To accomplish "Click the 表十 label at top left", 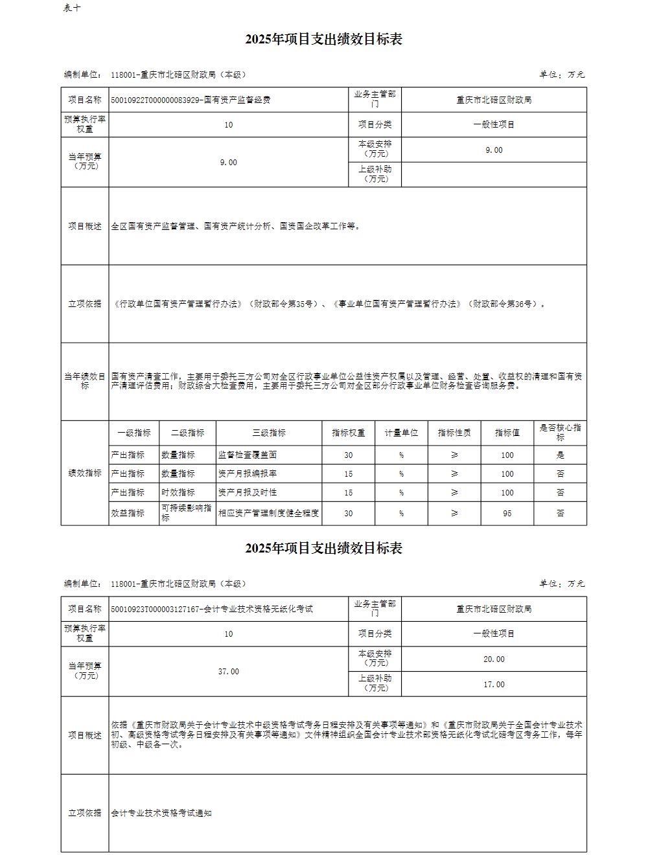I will [72, 8].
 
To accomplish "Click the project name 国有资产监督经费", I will [237, 100].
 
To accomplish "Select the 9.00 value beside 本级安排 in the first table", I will [494, 150].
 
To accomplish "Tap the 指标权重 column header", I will [349, 433].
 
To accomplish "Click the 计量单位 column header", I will [401, 433].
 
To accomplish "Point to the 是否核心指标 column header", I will [560, 433].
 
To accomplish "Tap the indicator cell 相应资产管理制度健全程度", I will [269, 513].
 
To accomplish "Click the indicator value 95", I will [507, 513].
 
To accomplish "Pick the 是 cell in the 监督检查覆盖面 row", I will [560, 455].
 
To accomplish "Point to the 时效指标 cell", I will [178, 493].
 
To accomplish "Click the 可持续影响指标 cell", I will [187, 513].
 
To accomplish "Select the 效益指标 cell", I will [128, 513].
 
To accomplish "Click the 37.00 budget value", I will [228, 672].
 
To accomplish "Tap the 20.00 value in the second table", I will [494, 659].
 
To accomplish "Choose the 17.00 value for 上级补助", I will [494, 685].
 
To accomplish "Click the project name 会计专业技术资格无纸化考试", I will [258, 609].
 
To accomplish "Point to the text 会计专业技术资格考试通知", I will [161, 813].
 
